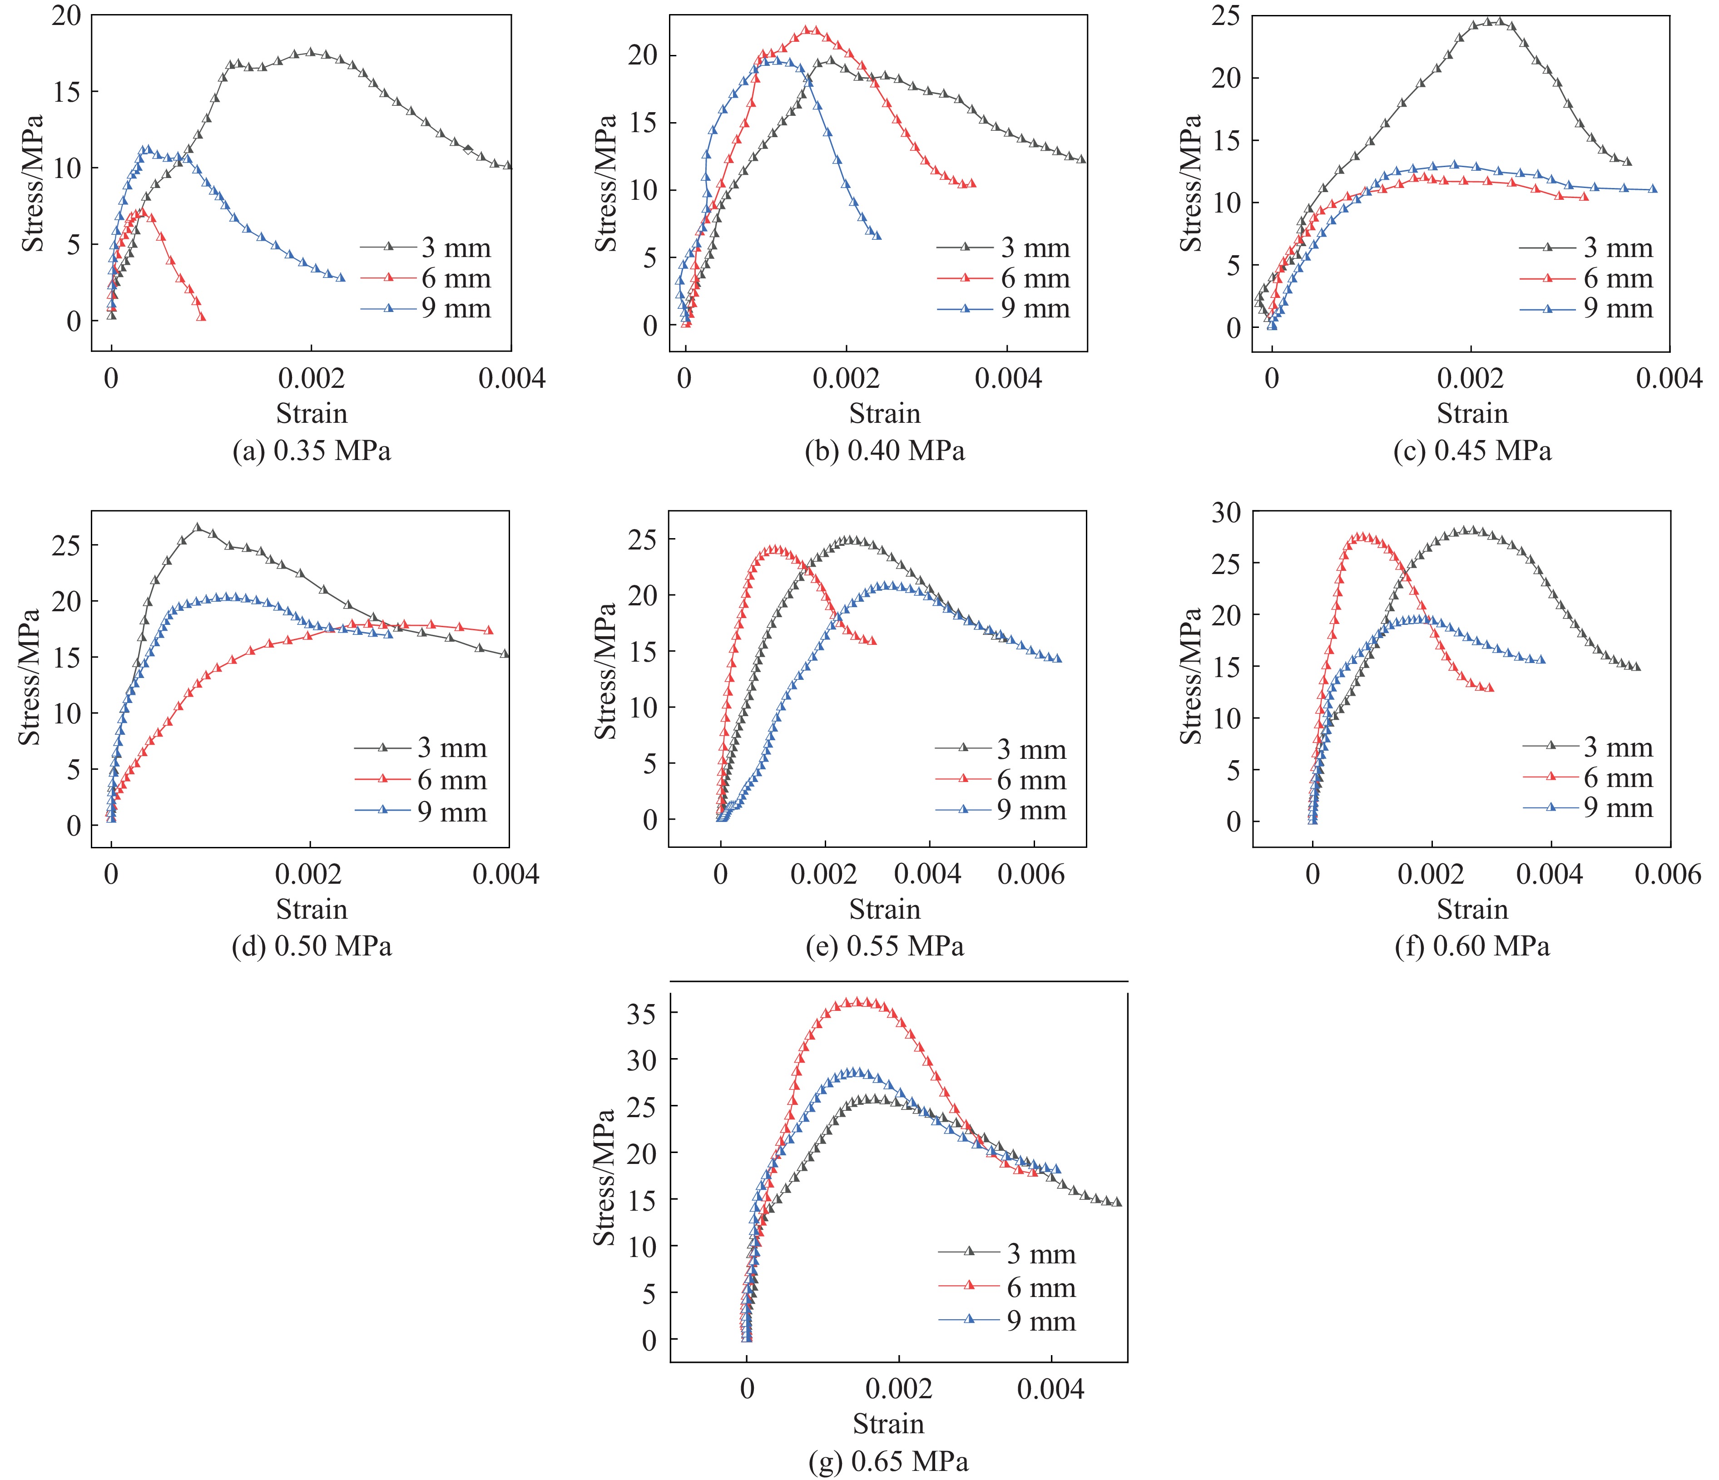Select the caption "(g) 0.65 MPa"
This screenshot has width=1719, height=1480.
coord(888,1462)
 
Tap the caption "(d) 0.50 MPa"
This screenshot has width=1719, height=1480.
coord(311,946)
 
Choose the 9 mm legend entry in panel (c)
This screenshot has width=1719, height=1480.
coord(1586,309)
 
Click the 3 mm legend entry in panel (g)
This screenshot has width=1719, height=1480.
coord(1007,1253)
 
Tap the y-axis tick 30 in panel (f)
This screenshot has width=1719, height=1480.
coord(1226,513)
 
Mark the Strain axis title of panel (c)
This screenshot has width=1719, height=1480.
coord(1472,413)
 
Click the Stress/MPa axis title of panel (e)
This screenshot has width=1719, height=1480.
coord(606,672)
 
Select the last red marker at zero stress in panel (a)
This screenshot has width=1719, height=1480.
coord(202,317)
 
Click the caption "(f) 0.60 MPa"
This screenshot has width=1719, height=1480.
coord(1472,946)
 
